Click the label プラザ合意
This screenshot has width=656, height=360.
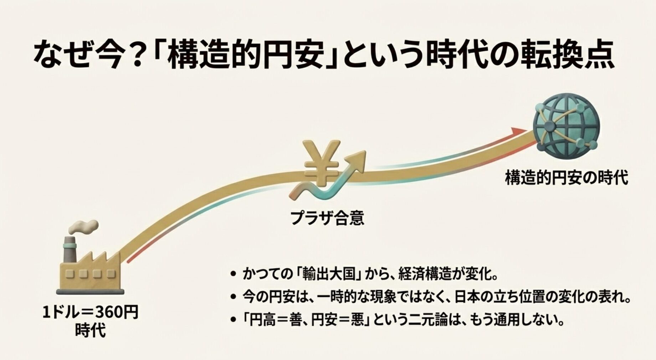pos(327,218)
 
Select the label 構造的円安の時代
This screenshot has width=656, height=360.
pos(566,178)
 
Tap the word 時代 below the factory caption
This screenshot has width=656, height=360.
pos(91,330)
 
